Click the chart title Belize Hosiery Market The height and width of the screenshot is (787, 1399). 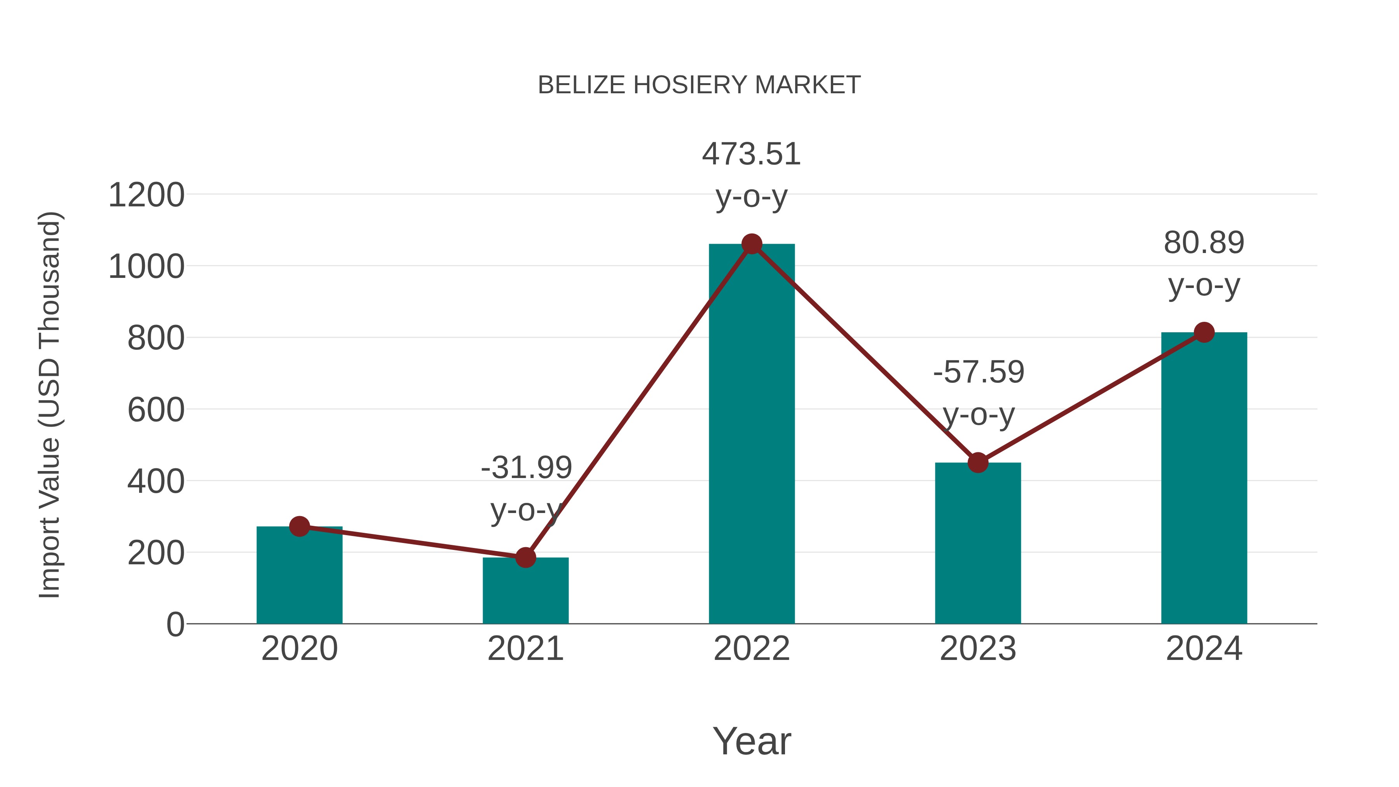pyautogui.click(x=699, y=85)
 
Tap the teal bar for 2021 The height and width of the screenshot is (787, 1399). pyautogui.click(x=525, y=595)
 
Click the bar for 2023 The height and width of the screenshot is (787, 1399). pyautogui.click(x=978, y=543)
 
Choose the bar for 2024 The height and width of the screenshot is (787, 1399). pyautogui.click(x=1204, y=478)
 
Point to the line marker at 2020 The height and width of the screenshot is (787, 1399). pyautogui.click(x=299, y=526)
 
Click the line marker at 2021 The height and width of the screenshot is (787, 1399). pyautogui.click(x=525, y=557)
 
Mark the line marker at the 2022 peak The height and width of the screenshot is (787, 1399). pyautogui.click(x=752, y=244)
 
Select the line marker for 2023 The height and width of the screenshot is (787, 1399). pyautogui.click(x=978, y=463)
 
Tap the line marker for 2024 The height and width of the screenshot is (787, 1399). pyautogui.click(x=1204, y=332)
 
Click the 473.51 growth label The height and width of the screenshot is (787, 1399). pyautogui.click(x=752, y=154)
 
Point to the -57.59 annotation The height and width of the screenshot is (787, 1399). pyautogui.click(x=979, y=373)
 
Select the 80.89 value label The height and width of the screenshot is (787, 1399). pyautogui.click(x=1204, y=243)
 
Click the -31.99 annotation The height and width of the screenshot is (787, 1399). pyautogui.click(x=526, y=468)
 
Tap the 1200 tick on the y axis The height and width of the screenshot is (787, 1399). pyautogui.click(x=147, y=195)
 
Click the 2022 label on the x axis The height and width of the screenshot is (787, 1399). pyautogui.click(x=752, y=649)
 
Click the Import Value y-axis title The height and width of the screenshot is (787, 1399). pyautogui.click(x=50, y=405)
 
